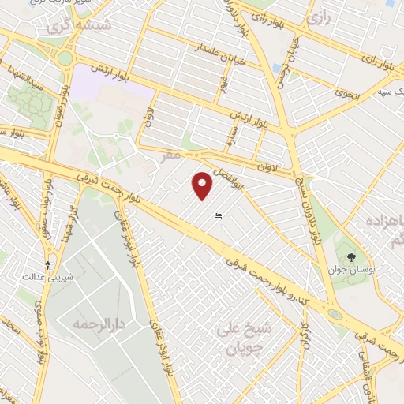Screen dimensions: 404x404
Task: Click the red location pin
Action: tap(204, 185)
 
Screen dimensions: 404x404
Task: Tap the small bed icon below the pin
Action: tap(218, 215)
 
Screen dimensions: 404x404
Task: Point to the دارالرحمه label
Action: tap(90, 323)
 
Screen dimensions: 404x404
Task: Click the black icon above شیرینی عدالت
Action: tap(49, 264)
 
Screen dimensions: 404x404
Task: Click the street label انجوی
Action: tap(346, 93)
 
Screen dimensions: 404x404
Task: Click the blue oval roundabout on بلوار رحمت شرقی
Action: tap(335, 313)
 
